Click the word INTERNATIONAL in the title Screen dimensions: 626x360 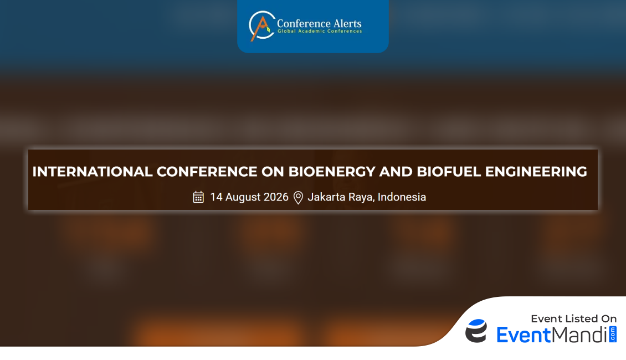[x=92, y=172]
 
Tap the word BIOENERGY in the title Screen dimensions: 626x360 [x=331, y=172]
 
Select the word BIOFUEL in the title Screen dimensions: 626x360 [x=449, y=172]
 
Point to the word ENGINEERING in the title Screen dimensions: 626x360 [x=536, y=172]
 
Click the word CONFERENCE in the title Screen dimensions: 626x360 [x=207, y=172]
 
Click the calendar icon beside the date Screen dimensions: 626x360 [x=198, y=197]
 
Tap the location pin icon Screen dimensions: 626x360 [x=298, y=198]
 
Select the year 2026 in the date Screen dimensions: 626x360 [x=276, y=197]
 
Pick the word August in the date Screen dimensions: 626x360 [x=243, y=198]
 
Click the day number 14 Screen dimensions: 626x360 [x=216, y=197]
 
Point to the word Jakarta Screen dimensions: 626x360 [x=326, y=197]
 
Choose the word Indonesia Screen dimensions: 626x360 [x=402, y=197]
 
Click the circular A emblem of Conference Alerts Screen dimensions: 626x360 [x=261, y=25]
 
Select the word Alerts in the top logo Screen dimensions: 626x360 [x=347, y=24]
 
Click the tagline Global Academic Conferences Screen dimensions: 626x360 [x=320, y=31]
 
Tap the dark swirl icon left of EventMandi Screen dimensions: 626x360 [x=476, y=331]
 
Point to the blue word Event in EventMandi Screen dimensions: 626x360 [x=524, y=335]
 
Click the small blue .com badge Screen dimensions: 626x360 [x=613, y=334]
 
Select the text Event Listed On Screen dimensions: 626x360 [x=574, y=318]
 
